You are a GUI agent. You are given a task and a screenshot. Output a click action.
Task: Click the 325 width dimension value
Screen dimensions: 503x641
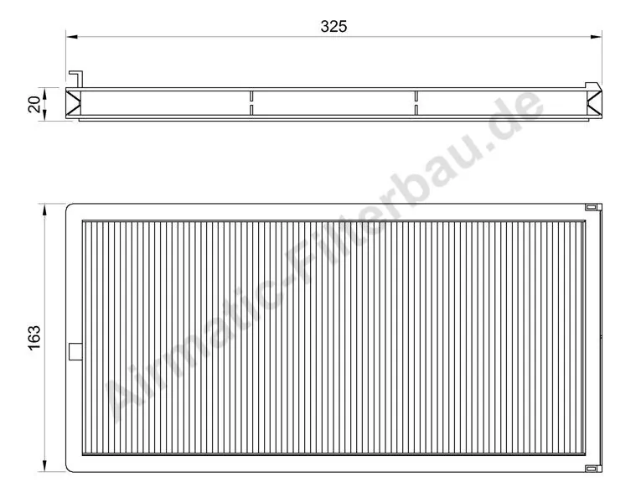click(333, 26)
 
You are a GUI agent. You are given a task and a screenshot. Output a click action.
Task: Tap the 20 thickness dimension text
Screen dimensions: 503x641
click(34, 104)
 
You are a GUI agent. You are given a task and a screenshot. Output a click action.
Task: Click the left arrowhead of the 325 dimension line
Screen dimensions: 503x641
click(72, 37)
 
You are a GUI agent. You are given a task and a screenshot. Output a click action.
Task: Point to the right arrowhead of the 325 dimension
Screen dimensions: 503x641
click(597, 37)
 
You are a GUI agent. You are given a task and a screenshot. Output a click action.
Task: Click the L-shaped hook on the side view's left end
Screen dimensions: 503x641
click(77, 78)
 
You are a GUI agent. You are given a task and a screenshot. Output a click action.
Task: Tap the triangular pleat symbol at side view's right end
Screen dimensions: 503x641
click(596, 104)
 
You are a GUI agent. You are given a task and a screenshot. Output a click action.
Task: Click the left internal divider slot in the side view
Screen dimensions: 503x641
click(251, 103)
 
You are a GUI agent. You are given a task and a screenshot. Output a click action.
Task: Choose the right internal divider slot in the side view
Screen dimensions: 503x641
click(416, 103)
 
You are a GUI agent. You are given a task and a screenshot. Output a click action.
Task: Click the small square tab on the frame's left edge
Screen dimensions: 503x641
click(73, 352)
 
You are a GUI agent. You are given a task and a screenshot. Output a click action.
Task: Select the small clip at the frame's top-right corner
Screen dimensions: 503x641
click(592, 206)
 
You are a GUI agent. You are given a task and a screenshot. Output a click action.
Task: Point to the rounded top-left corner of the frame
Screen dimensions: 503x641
click(70, 206)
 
